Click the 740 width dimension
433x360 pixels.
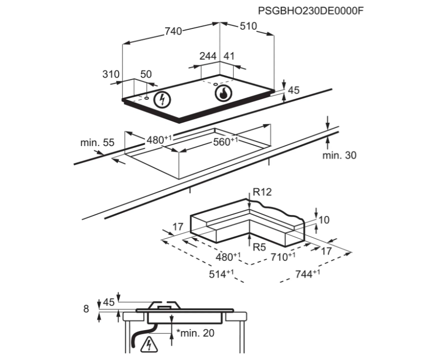[x=173, y=31]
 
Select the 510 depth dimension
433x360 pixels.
[x=248, y=26]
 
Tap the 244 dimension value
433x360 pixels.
[x=208, y=56]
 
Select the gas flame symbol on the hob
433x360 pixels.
[x=223, y=93]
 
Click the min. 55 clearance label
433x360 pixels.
[x=97, y=143]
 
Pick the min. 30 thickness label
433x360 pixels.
[x=339, y=155]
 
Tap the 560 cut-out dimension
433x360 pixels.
[x=224, y=142]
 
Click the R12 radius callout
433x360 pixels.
[x=263, y=192]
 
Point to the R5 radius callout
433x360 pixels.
[x=259, y=247]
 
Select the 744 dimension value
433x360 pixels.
[x=307, y=274]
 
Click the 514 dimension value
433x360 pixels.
[x=222, y=274]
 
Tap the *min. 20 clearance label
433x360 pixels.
[x=195, y=333]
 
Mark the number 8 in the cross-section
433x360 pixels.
[x=86, y=308]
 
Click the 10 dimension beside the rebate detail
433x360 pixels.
[x=324, y=220]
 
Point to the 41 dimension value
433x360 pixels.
[x=229, y=56]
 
